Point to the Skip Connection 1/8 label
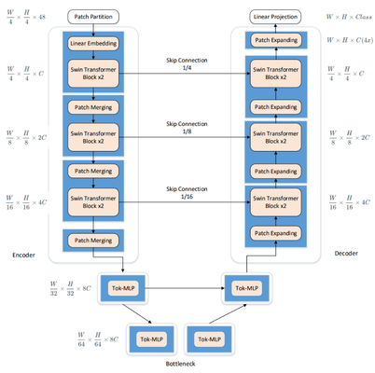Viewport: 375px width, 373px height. [185, 127]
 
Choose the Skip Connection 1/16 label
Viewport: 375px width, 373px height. [185, 191]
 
